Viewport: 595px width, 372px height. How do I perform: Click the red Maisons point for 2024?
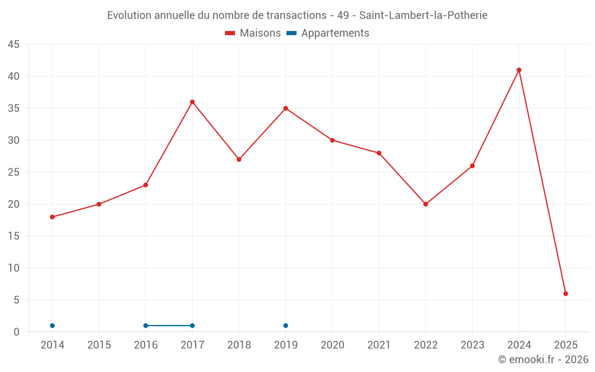coord(519,70)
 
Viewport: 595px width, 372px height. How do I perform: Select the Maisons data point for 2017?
coord(192,102)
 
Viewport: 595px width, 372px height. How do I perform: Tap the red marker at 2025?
coord(565,293)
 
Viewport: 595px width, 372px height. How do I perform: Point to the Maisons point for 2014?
coord(52,217)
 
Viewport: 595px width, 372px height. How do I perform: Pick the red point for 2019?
coord(286,108)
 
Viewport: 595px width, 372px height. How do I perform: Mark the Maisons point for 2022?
coord(425,204)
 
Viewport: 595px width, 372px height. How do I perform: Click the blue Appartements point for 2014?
coord(52,326)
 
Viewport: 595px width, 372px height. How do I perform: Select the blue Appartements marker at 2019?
coord(286,326)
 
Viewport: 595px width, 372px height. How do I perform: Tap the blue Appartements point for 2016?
coord(146,326)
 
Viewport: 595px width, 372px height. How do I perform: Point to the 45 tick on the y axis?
coord(14,45)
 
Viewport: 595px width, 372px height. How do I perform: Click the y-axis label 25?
coord(14,173)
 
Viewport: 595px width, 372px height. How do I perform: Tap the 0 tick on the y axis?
coord(17,332)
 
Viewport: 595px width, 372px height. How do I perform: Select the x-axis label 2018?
coord(239,345)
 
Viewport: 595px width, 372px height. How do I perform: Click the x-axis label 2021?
coord(379,345)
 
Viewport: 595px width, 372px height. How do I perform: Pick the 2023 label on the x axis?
coord(472,345)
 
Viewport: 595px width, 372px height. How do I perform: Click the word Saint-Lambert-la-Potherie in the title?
coord(423,15)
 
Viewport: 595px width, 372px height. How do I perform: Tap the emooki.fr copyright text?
coord(543,360)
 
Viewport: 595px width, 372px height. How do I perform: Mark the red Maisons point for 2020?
coord(332,140)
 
